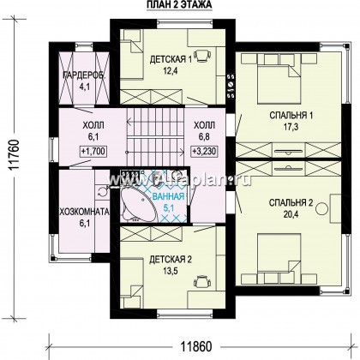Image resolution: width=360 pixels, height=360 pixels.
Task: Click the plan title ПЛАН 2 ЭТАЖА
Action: (x=179, y=4)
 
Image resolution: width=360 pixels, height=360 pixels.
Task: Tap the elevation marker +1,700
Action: (x=93, y=151)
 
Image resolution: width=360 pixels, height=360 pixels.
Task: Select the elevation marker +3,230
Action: (x=204, y=150)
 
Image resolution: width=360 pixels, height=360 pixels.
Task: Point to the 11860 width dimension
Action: (x=196, y=347)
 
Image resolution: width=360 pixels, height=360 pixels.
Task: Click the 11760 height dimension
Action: (x=14, y=156)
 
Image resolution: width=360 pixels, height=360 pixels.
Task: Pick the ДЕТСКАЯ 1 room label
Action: (x=171, y=60)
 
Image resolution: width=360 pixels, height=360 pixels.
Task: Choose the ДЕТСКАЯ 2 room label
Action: (x=171, y=260)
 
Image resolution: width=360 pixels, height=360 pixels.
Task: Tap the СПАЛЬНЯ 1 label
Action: (x=291, y=116)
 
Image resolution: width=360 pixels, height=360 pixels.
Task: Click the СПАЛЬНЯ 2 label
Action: (x=291, y=202)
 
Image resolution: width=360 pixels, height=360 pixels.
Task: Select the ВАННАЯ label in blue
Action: (x=168, y=197)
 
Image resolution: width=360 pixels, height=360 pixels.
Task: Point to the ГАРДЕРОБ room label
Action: (x=84, y=75)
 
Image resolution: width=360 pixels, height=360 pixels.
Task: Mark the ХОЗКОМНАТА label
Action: (x=84, y=212)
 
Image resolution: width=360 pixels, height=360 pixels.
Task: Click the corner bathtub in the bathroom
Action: (x=136, y=204)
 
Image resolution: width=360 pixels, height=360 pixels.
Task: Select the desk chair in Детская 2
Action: (x=203, y=282)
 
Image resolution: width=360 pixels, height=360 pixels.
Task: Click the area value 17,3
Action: (x=291, y=127)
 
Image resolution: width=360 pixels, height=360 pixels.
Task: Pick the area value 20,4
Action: (x=291, y=214)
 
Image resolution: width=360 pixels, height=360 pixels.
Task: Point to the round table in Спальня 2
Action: (x=322, y=208)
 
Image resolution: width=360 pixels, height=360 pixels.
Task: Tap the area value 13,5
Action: (x=171, y=271)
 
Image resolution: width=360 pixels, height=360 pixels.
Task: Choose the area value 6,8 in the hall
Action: (x=204, y=136)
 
